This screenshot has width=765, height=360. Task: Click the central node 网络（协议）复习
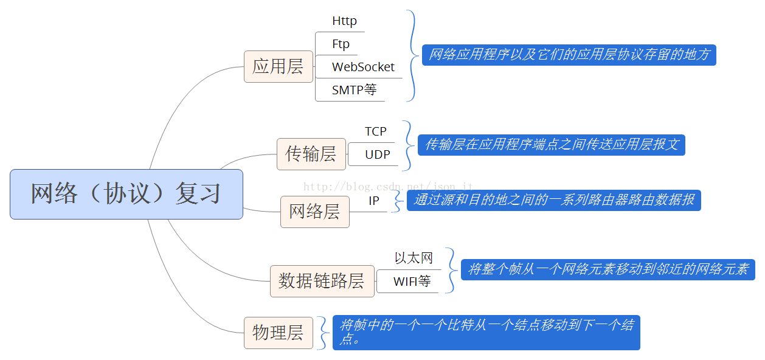126,194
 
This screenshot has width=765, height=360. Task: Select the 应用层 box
279,67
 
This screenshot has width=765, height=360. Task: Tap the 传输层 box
311,154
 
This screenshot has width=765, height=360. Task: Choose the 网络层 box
315,212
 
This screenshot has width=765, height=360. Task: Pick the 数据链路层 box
322,281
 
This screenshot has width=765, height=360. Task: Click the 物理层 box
279,333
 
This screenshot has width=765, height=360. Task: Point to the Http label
344,21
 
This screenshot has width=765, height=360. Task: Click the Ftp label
341,44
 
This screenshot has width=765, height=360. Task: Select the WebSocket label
363,67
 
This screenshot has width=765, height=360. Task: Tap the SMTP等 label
354,90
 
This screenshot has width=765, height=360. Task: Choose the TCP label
376,131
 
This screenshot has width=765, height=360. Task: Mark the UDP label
378,154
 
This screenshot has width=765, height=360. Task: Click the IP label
374,201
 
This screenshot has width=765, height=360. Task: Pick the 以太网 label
414,258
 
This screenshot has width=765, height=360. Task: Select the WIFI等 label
412,282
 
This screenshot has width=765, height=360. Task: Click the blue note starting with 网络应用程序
569,55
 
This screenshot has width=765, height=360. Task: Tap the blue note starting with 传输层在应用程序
552,145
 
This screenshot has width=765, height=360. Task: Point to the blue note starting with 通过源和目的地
554,200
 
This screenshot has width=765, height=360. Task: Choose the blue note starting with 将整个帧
608,269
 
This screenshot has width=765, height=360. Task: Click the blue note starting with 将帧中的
486,333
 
